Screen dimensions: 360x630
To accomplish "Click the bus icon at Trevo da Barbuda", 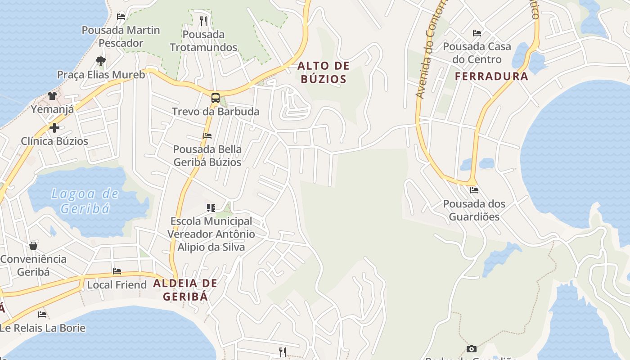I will (x=216, y=98).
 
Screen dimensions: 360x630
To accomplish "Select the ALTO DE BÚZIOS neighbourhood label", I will (x=323, y=72).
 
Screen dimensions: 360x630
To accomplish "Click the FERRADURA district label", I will (x=491, y=76).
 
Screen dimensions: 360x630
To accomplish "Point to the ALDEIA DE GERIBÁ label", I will (x=185, y=290).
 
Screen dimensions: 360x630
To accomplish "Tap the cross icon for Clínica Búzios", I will (x=54, y=128).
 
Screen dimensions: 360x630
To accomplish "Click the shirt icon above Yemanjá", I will (x=52, y=95).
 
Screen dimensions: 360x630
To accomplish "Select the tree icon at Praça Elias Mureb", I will (x=101, y=61).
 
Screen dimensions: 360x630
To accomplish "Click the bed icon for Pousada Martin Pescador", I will (x=121, y=17).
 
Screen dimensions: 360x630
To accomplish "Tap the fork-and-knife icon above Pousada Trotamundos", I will (x=203, y=20).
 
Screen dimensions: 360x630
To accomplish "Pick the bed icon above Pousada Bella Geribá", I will (x=207, y=135).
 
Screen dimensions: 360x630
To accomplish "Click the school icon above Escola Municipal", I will (x=211, y=207).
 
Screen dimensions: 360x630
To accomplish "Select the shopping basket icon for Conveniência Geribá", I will (x=33, y=245).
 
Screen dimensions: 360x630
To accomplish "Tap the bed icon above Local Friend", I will (x=117, y=271).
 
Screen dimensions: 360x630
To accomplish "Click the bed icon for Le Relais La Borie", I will (x=42, y=314).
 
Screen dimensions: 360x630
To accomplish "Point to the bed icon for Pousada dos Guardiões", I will (x=474, y=190).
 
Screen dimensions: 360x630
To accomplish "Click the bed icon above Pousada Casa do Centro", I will (x=477, y=33).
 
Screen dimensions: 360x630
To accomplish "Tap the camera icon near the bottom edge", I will (x=472, y=349).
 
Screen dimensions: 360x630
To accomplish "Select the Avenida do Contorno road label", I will (x=431, y=49).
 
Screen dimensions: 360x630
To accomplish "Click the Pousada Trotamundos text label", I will (x=203, y=40).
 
